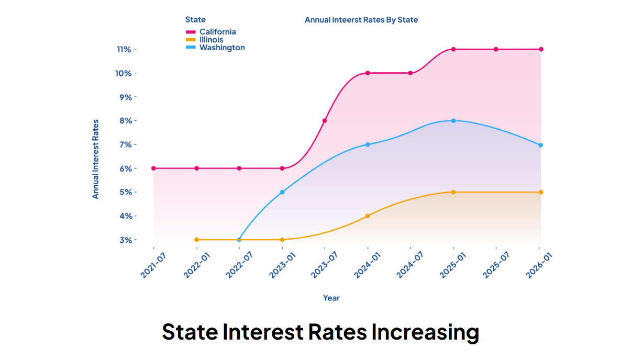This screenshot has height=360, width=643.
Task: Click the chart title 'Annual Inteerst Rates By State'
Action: pos(361,20)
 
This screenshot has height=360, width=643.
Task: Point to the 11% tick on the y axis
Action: pos(124,49)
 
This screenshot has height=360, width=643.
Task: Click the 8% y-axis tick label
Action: pos(126,121)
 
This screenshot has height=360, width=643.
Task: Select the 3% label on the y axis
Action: pos(126,240)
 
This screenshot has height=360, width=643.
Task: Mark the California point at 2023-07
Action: pos(325,121)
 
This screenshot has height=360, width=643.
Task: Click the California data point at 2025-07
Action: pos(496,49)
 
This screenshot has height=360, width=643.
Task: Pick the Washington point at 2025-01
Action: pos(453,121)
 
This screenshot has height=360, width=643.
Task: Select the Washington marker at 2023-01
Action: pos(282,192)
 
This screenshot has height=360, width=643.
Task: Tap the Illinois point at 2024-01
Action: pos(368,216)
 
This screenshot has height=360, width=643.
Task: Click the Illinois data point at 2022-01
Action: pos(196,240)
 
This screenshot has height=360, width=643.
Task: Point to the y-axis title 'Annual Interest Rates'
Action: pos(95,159)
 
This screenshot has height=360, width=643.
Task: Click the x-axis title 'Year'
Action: pos(331,298)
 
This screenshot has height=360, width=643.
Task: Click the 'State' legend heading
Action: pos(195,20)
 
